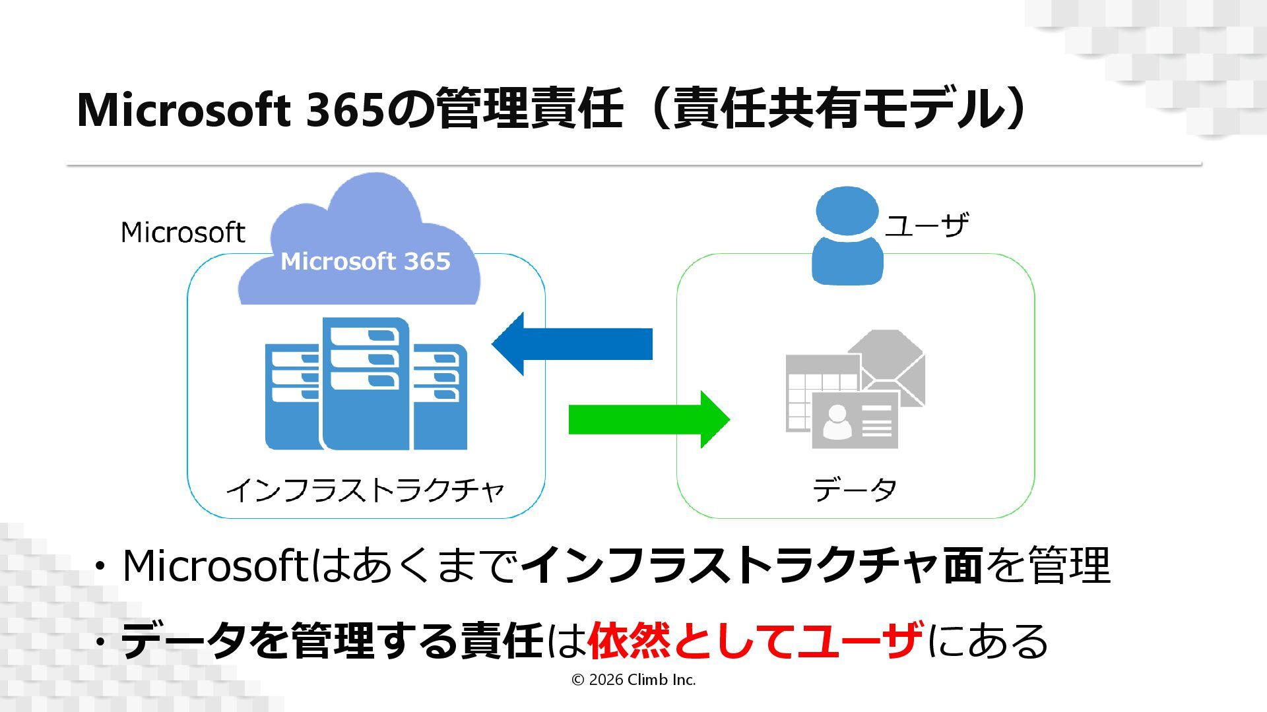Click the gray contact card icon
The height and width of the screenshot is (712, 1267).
coord(855,421)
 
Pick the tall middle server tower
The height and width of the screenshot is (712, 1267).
coord(365,383)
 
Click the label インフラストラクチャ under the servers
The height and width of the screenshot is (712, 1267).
coord(366,490)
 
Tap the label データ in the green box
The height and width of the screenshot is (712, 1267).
coord(855,490)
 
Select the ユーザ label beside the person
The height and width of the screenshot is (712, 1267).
coord(926,225)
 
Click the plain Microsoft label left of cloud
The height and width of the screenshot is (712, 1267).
coord(183,233)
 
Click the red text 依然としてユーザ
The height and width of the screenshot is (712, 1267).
coord(755,641)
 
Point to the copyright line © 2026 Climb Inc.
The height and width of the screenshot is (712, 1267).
coord(633,680)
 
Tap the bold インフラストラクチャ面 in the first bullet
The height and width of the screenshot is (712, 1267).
coord(752,566)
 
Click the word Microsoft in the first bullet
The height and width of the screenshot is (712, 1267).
coord(214,566)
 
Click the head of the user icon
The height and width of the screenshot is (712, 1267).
coord(847,210)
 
